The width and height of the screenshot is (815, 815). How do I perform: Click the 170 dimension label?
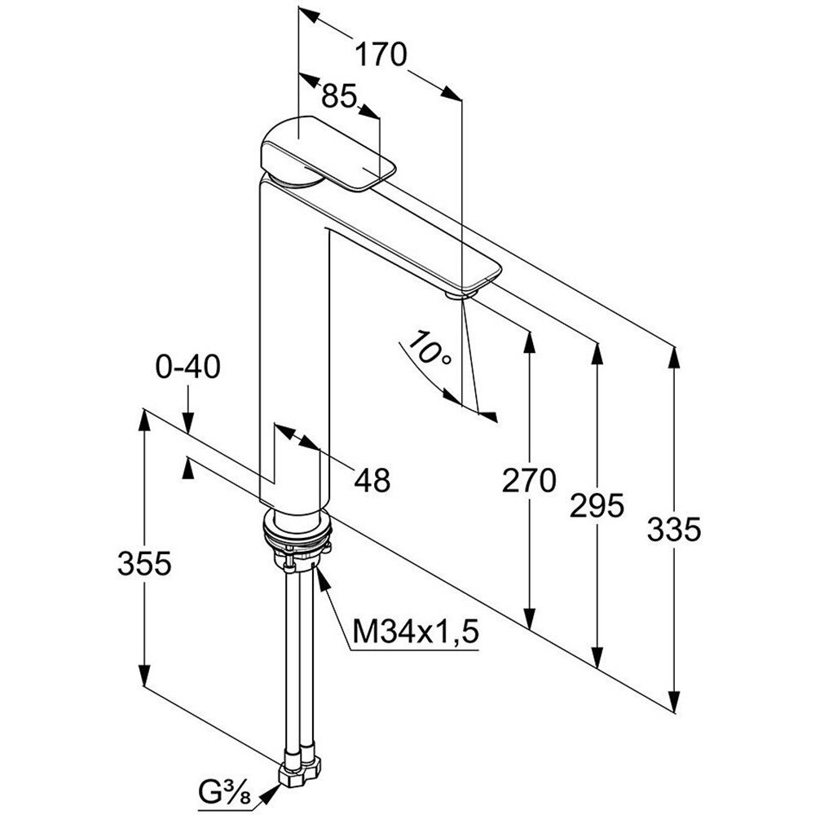point(380,55)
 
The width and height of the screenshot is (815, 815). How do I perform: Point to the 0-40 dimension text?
point(187,368)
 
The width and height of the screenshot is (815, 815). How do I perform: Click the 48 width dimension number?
point(371,480)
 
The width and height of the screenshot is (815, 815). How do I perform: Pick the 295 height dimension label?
point(597,506)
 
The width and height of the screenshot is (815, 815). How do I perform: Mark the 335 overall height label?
point(674,531)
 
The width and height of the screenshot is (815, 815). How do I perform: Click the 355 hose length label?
point(144,563)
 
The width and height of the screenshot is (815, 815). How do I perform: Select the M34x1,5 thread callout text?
point(414,631)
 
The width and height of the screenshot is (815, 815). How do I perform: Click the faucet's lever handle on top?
point(326,155)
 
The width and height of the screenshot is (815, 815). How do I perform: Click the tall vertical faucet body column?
point(293,350)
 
